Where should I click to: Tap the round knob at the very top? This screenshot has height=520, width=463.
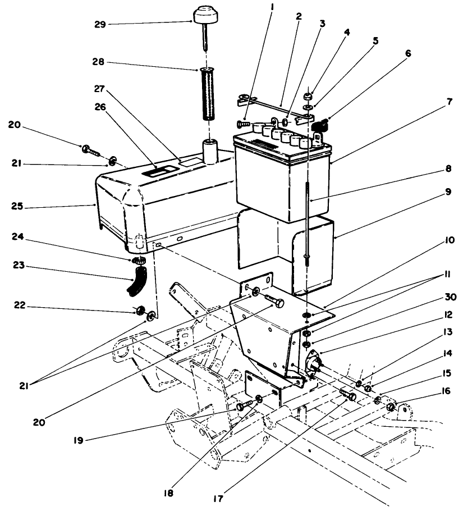point(207,13)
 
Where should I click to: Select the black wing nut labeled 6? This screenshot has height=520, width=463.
point(320,126)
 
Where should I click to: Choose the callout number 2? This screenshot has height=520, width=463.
point(299,16)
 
